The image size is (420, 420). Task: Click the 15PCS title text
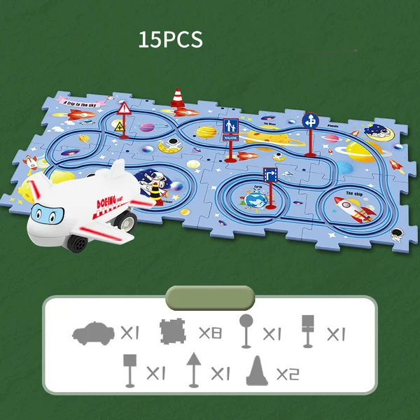click(170, 39)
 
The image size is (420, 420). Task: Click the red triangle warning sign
click(125, 108)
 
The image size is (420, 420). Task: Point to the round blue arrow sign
click(309, 120)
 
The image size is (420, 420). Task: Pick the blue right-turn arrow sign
click(270, 175)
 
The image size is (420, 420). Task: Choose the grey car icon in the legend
click(92, 334)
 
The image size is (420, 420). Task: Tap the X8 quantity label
click(210, 333)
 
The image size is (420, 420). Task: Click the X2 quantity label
click(287, 374)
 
